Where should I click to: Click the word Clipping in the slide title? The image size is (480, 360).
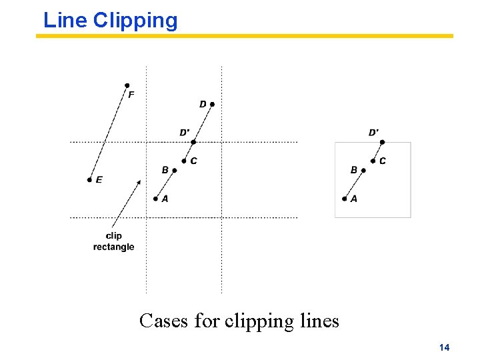pyautogui.click(x=135, y=21)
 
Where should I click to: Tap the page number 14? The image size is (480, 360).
pyautogui.click(x=445, y=347)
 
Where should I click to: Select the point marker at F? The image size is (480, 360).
pyautogui.click(x=127, y=85)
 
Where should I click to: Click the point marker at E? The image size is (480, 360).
pyautogui.click(x=89, y=180)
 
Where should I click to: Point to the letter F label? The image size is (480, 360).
pyautogui.click(x=131, y=95)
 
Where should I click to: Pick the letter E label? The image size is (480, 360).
pyautogui.click(x=99, y=180)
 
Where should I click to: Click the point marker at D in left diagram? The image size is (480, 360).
pyautogui.click(x=212, y=104)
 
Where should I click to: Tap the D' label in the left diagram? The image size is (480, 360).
pyautogui.click(x=184, y=133)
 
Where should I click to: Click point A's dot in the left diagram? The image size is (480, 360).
pyautogui.click(x=155, y=198)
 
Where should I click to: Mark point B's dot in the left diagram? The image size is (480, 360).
pyautogui.click(x=174, y=171)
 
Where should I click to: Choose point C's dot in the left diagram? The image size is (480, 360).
pyautogui.click(x=184, y=161)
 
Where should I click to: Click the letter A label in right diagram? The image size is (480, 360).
pyautogui.click(x=354, y=199)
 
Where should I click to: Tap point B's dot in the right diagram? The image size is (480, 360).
pyautogui.click(x=363, y=171)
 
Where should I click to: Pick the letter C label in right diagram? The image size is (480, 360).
pyautogui.click(x=383, y=161)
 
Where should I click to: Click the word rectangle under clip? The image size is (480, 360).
pyautogui.click(x=113, y=247)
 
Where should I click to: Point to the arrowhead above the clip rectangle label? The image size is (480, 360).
pyautogui.click(x=138, y=182)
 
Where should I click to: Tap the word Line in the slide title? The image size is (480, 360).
pyautogui.click(x=65, y=21)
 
